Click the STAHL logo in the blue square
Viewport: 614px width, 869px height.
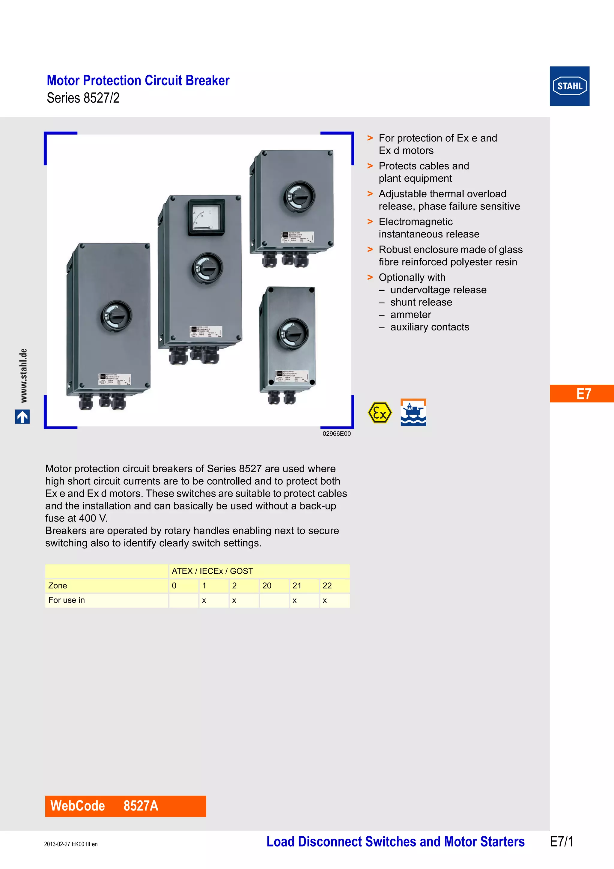pyautogui.click(x=569, y=86)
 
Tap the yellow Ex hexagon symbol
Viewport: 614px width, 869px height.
pyautogui.click(x=380, y=413)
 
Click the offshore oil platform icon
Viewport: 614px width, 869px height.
pyautogui.click(x=413, y=412)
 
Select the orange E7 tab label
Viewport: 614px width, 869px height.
pyautogui.click(x=583, y=394)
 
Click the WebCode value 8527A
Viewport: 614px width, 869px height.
pyautogui.click(x=141, y=806)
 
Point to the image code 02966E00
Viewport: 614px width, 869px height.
pyautogui.click(x=336, y=434)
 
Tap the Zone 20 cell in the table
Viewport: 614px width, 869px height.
pyautogui.click(x=267, y=586)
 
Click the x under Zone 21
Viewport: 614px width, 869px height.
pyautogui.click(x=295, y=600)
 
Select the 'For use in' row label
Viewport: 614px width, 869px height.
pyautogui.click(x=67, y=600)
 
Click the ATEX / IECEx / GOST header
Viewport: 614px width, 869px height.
pyautogui.click(x=212, y=571)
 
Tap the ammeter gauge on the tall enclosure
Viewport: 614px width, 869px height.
pyautogui.click(x=206, y=218)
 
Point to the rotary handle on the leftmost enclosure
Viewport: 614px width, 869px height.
pyautogui.click(x=116, y=316)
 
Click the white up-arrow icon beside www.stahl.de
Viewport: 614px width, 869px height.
pyautogui.click(x=22, y=417)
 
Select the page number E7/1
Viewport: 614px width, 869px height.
pyautogui.click(x=562, y=841)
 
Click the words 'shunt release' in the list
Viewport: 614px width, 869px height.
pyautogui.click(x=421, y=302)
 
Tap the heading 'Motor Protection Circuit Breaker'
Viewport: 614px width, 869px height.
pyautogui.click(x=138, y=81)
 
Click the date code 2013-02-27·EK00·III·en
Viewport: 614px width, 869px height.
pyautogui.click(x=71, y=844)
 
